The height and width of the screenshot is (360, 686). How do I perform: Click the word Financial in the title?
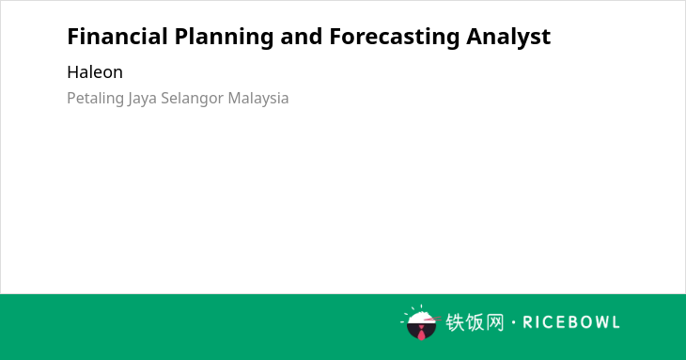click(117, 37)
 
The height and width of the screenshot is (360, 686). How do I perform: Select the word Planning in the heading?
click(224, 38)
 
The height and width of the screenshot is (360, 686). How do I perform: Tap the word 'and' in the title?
click(302, 37)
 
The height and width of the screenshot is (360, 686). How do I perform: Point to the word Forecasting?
click(394, 38)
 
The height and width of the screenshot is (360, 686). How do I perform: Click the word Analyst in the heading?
click(508, 38)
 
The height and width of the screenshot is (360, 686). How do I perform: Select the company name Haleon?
click(95, 72)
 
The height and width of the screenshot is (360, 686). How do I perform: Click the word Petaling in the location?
click(95, 99)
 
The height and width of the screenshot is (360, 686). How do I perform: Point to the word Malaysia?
click(258, 99)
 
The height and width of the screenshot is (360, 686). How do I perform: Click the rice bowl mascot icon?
click(420, 322)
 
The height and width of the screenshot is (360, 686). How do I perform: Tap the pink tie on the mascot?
click(421, 333)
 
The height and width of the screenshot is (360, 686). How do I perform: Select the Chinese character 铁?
click(455, 322)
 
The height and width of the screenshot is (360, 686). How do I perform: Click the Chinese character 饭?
click(475, 322)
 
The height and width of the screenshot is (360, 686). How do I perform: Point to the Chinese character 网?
click(494, 322)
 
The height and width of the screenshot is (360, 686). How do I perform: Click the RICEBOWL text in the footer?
click(571, 322)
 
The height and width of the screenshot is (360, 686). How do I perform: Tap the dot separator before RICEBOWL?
click(513, 322)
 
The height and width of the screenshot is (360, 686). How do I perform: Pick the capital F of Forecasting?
click(335, 37)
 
